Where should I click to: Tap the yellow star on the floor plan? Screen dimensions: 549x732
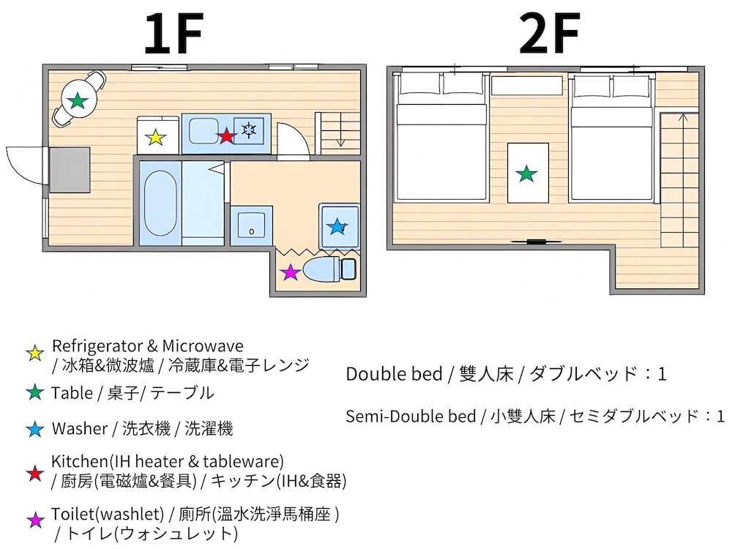pos(155,137)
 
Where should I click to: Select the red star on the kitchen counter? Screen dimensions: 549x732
pos(227,135)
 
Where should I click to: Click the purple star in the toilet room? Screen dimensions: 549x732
pos(291,272)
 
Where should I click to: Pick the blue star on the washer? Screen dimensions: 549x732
pos(337,227)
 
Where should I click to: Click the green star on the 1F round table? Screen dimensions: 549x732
pos(78,100)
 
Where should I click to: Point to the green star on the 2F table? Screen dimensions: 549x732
pos(526,173)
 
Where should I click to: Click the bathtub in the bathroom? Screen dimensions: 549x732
pos(158,203)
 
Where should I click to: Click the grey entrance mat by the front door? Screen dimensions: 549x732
pos(69,168)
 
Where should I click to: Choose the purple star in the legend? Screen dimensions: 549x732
pos(34,520)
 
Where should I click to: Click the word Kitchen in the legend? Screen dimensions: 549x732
pos(77,462)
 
